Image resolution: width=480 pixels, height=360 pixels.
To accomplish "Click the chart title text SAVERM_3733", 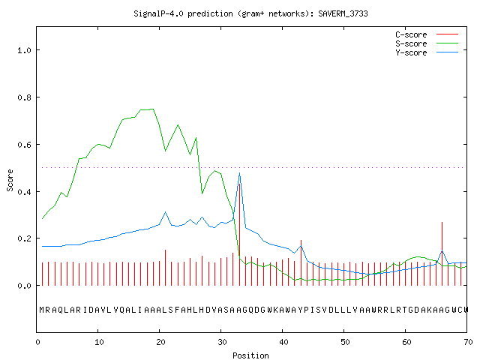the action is click(x=343, y=13).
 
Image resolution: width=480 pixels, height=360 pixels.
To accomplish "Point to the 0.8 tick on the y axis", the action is click(x=25, y=97).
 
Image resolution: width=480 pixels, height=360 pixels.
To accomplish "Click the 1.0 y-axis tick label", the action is click(x=25, y=50).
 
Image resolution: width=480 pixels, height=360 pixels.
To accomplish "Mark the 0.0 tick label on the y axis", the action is click(x=25, y=286).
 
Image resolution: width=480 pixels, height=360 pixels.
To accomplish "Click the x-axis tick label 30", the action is click(x=222, y=342).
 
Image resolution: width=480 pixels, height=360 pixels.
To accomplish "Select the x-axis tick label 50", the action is click(x=345, y=342).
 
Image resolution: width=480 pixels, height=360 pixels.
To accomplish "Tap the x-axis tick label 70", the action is click(x=468, y=342).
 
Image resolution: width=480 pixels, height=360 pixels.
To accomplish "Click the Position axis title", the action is click(x=250, y=355).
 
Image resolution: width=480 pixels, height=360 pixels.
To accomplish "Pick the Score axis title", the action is click(x=10, y=180).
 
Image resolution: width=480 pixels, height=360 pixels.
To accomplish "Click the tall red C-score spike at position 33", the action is click(x=240, y=234).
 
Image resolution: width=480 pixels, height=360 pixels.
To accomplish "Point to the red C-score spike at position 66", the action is click(x=442, y=253).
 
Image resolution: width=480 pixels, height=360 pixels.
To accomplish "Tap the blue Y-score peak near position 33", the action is click(x=239, y=173).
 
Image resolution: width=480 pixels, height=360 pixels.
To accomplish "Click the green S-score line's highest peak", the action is click(x=152, y=109).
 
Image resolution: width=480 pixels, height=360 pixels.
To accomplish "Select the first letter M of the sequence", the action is click(x=42, y=310).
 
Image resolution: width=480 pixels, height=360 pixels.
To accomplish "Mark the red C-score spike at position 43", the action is click(x=301, y=262).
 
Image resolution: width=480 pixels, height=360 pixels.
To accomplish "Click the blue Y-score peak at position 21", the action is click(x=165, y=211).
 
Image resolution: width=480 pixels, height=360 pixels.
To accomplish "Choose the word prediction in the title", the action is click(x=210, y=13).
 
